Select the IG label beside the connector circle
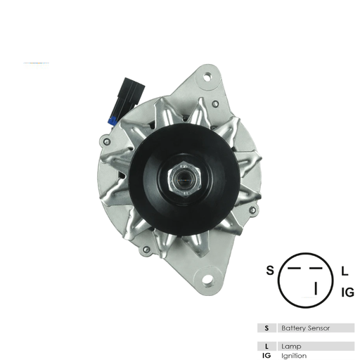(x=347, y=291)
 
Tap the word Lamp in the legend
(x=291, y=347)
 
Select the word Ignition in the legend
(x=295, y=355)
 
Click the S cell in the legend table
(x=266, y=328)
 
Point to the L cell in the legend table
(x=266, y=347)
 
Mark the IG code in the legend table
(x=266, y=355)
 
